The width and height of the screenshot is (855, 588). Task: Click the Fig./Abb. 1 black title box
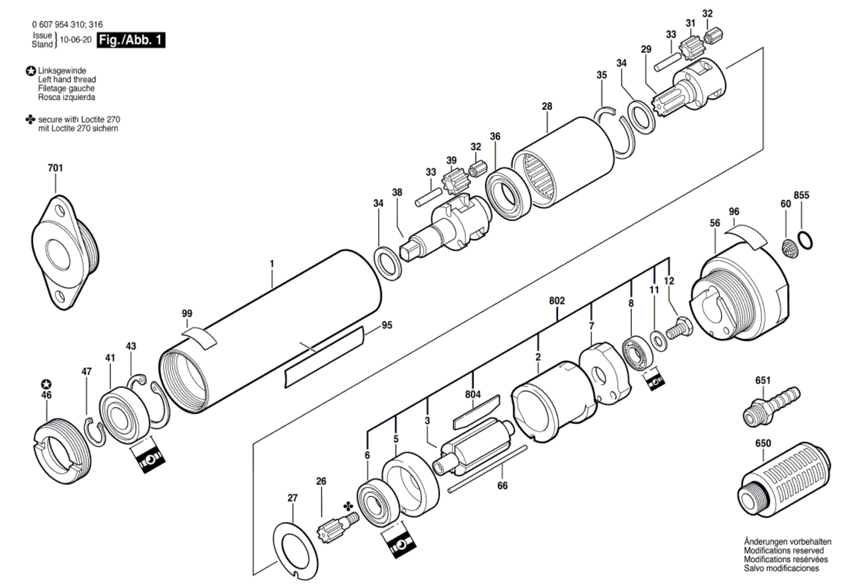point(131,40)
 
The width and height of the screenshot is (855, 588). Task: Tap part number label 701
point(55,168)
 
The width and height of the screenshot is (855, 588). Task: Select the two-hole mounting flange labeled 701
point(65,252)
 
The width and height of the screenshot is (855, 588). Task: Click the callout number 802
point(557,300)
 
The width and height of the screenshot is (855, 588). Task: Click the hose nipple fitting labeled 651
point(771,407)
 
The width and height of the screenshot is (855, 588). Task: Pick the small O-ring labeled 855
point(805,240)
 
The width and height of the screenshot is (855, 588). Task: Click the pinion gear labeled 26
point(337,527)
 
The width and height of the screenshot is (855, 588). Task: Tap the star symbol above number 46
point(46,384)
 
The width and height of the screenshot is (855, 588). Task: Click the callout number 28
point(547,106)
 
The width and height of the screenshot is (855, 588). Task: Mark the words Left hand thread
point(67,79)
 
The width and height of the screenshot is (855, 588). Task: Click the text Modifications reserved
point(784,551)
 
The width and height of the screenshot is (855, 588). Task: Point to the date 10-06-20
point(75,40)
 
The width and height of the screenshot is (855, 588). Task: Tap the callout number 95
point(387,325)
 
